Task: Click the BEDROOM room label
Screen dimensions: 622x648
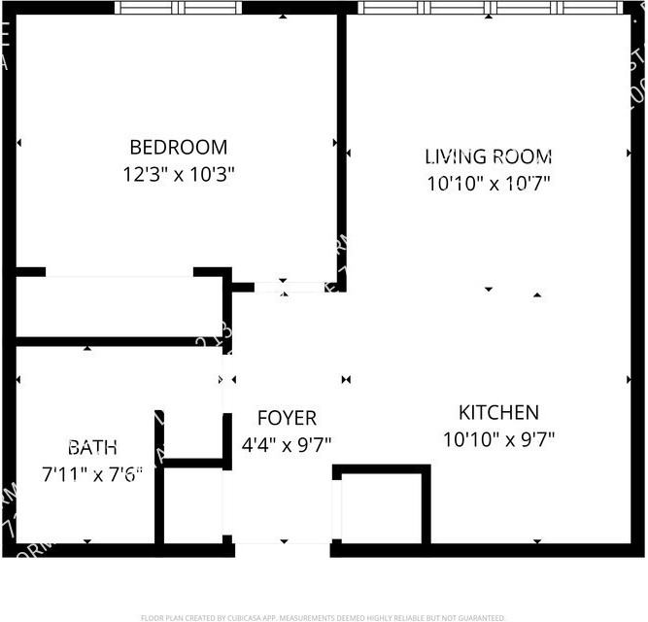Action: [178, 148]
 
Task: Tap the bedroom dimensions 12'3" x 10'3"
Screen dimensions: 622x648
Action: [178, 175]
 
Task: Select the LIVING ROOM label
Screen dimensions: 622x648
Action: [488, 156]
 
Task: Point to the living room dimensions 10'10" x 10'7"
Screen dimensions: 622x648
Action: [488, 183]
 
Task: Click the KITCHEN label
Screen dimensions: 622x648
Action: [498, 412]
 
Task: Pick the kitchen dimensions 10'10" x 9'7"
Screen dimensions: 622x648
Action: [498, 439]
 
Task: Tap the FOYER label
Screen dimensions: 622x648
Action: [287, 419]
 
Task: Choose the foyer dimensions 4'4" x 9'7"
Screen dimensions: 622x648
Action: [287, 444]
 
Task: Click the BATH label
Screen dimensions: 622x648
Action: [92, 448]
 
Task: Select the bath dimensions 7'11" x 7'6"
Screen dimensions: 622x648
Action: [92, 474]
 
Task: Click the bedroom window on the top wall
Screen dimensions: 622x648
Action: [178, 7]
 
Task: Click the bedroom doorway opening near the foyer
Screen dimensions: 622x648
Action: [289, 287]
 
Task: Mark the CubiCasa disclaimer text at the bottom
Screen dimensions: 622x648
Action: [324, 617]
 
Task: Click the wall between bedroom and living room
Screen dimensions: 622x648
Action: [341, 146]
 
